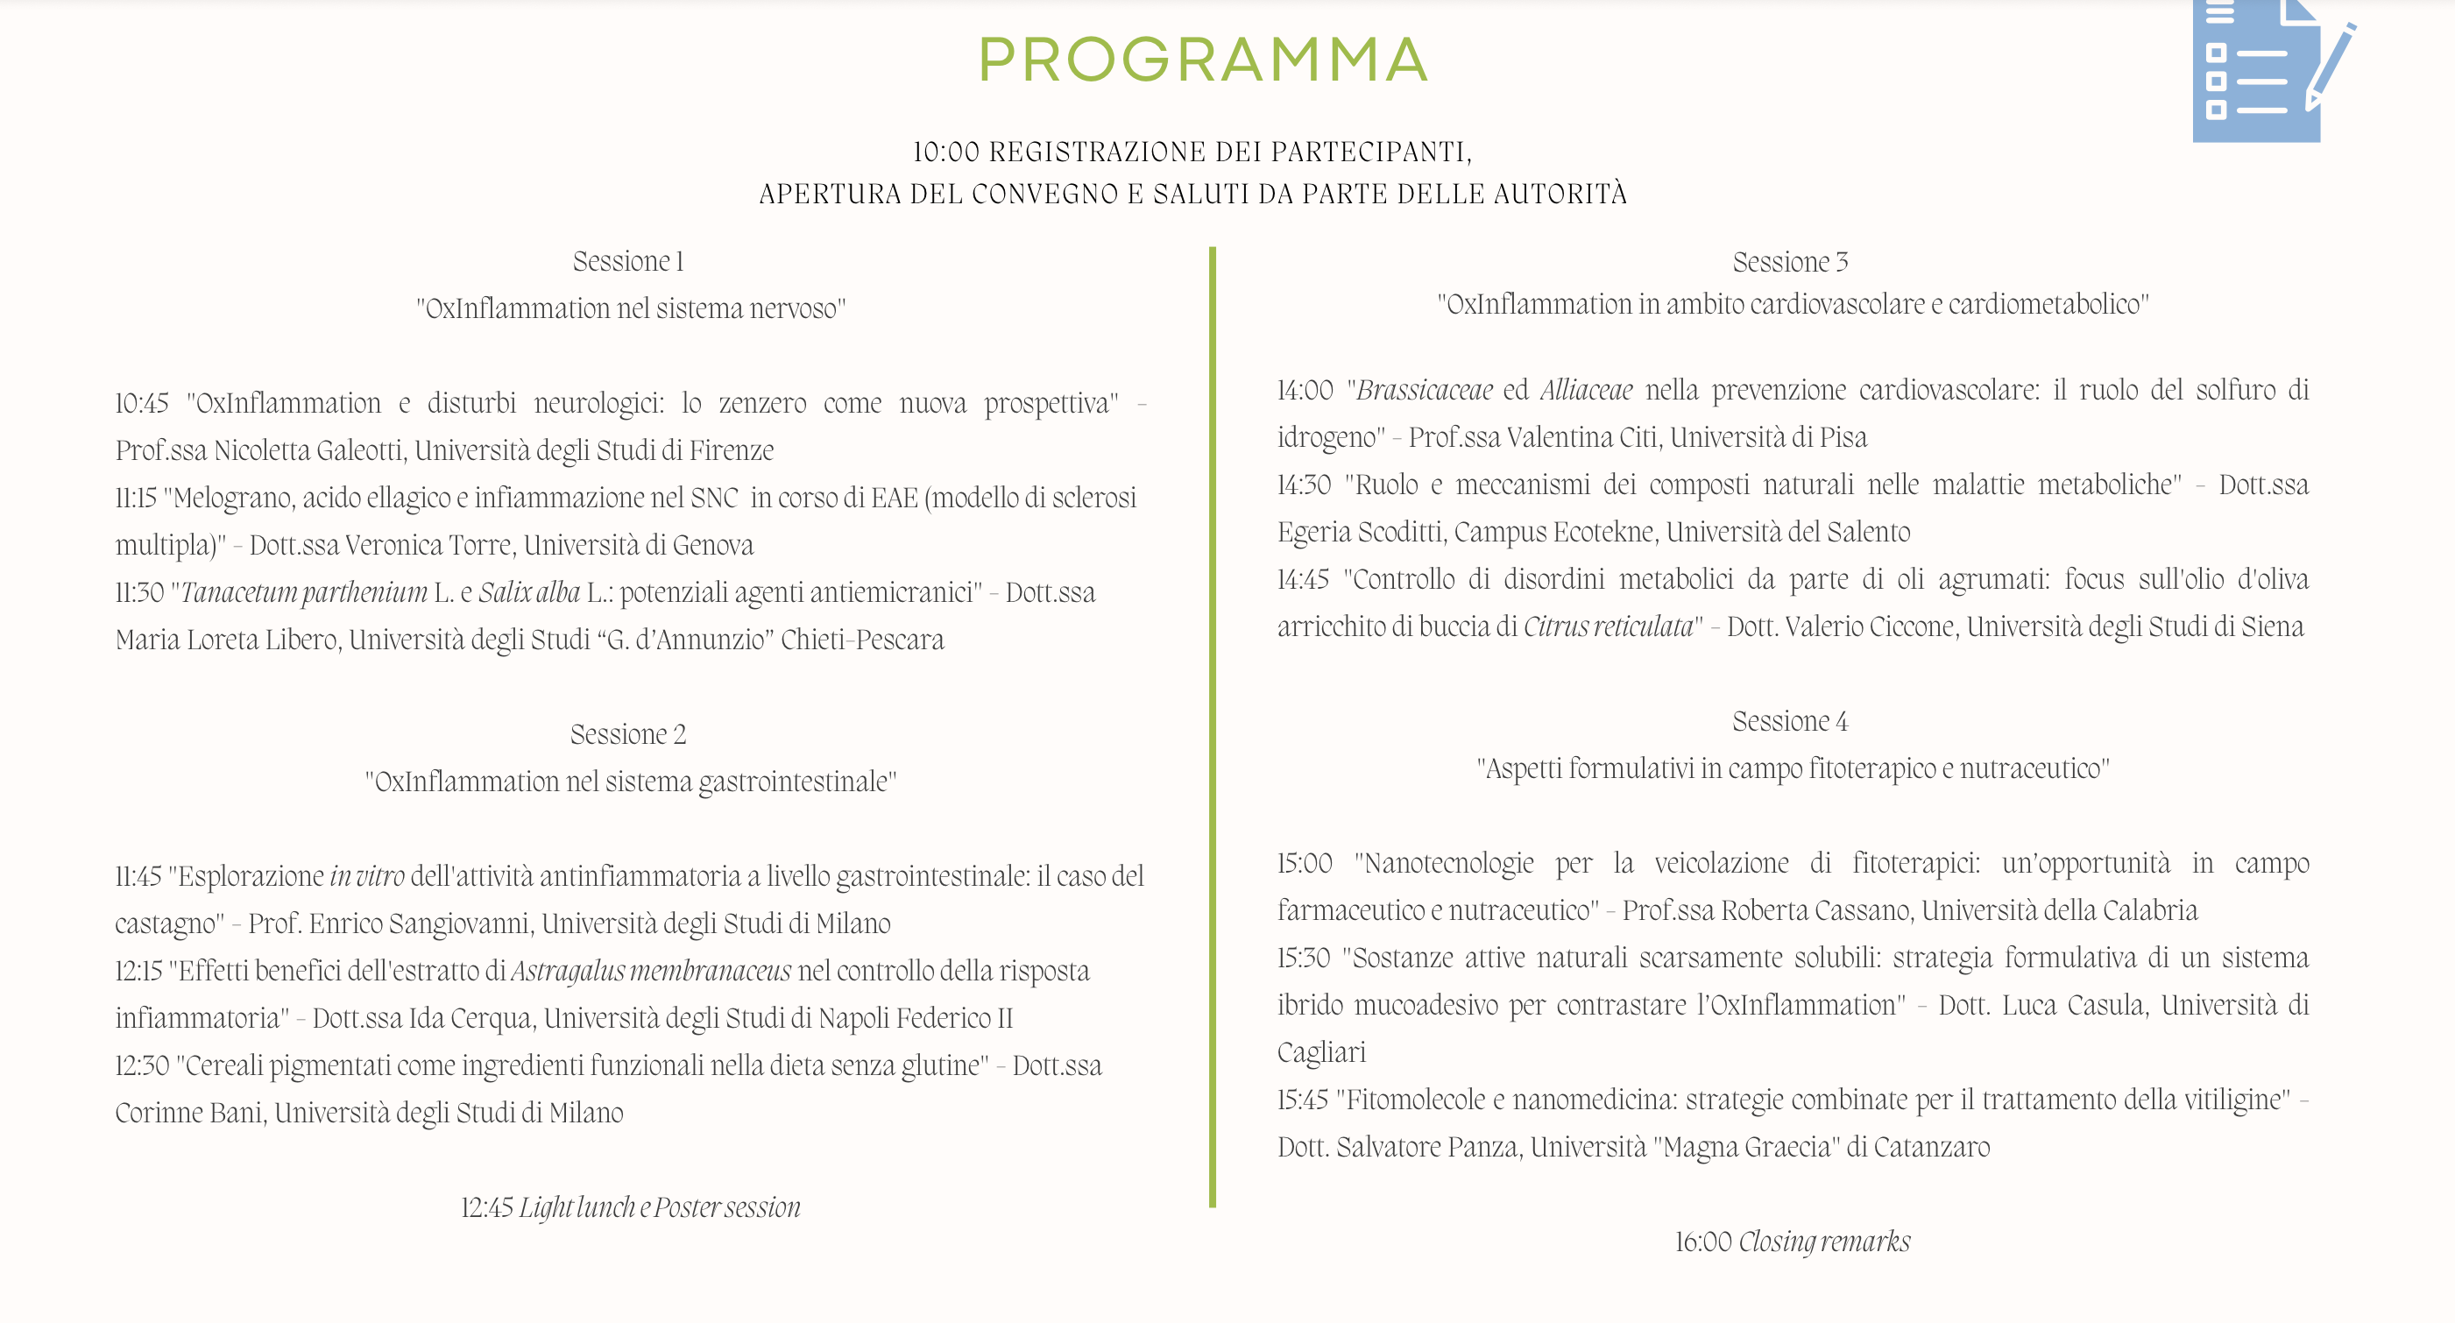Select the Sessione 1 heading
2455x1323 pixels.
[628, 261]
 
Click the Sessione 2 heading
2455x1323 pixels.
[628, 734]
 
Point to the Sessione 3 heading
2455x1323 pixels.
[1790, 262]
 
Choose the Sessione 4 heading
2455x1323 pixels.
[1790, 722]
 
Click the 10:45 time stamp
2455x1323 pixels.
[142, 403]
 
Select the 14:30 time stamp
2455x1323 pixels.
[1304, 485]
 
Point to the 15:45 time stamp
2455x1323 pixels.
[1303, 1100]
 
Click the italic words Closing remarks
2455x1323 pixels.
[1824, 1242]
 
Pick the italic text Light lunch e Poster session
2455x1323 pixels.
[660, 1207]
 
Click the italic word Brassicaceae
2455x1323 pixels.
[1424, 390]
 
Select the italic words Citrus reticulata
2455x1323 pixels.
[1608, 627]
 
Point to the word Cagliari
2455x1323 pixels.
[1321, 1052]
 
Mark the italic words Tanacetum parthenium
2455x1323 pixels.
[304, 593]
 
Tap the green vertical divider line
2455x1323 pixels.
[1213, 725]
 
